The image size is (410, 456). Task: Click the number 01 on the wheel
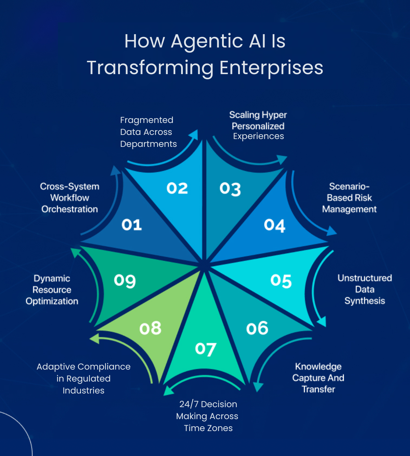132,225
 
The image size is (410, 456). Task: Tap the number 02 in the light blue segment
177,188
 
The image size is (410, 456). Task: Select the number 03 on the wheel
230,189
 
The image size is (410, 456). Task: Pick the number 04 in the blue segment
274,225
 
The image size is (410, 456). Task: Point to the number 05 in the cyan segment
281,281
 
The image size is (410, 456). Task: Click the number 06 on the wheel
257,328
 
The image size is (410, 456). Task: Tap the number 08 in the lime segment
150,328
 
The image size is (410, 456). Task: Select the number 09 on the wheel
125,281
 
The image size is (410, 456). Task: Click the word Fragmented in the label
147,120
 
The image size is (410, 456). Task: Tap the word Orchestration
70,209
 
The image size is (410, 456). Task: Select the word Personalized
258,126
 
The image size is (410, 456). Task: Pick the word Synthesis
365,301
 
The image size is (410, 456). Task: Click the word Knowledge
318,367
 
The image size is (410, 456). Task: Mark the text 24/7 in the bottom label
189,404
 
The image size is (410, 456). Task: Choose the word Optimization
52,301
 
